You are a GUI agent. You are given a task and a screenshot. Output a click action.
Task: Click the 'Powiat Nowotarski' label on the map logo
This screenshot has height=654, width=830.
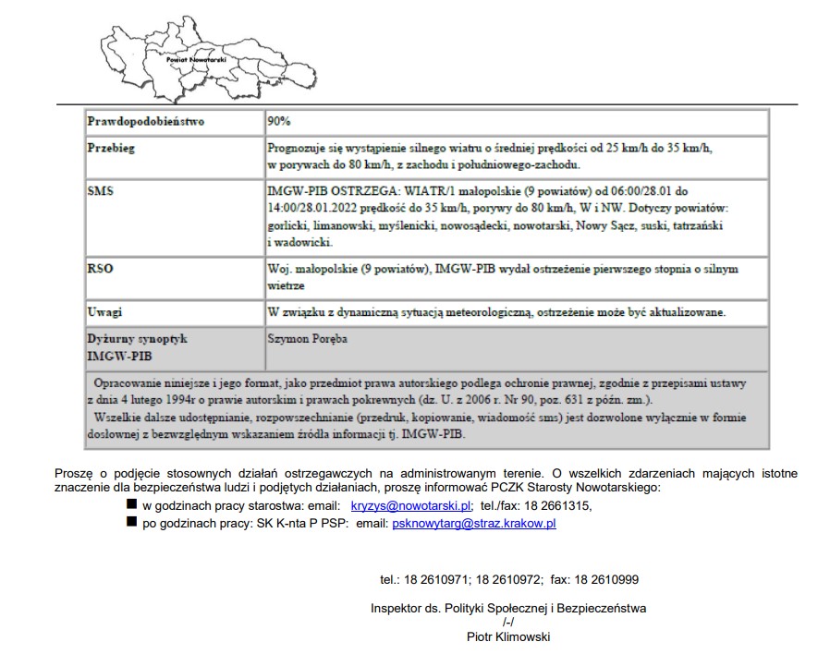click(x=195, y=58)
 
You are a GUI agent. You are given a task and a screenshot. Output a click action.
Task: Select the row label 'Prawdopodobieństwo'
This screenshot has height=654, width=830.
click(x=146, y=122)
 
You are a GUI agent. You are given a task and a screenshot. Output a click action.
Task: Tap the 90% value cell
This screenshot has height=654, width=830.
click(x=279, y=122)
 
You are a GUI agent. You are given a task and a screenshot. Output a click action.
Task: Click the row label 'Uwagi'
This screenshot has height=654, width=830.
click(x=104, y=312)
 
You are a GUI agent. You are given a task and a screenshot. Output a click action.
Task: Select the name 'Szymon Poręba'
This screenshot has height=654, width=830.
click(x=307, y=339)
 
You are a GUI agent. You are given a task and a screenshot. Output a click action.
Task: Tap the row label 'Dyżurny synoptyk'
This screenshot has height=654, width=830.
click(x=137, y=339)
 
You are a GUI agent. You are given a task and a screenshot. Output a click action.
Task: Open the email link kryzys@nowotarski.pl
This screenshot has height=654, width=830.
click(x=411, y=506)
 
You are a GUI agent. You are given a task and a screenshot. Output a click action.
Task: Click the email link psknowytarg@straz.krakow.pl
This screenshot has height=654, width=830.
click(x=474, y=524)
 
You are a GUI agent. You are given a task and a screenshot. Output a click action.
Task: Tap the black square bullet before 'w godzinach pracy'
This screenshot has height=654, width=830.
click(x=131, y=506)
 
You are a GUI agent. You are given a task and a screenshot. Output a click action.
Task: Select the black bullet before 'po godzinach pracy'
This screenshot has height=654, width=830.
click(x=131, y=524)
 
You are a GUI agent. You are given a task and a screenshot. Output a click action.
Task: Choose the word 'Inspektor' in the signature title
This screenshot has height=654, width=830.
click(x=397, y=609)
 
